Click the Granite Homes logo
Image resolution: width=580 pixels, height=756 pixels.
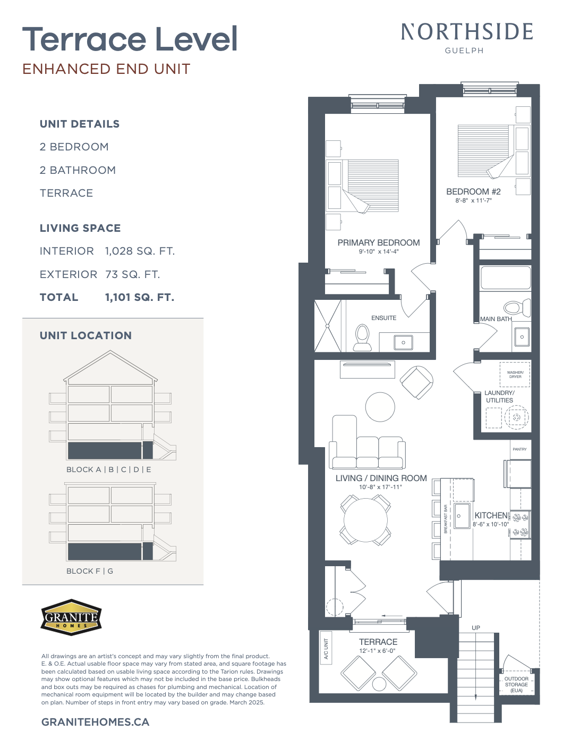point(71,617)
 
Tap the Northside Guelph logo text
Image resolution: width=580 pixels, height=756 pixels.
point(466,38)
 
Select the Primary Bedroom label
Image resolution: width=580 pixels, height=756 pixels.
point(379,242)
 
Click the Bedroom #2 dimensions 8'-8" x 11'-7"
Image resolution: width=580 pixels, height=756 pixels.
point(473,200)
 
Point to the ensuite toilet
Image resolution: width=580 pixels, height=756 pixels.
point(362,338)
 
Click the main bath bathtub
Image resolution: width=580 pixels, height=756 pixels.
point(506,278)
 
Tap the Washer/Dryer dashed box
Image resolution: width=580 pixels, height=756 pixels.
point(515,374)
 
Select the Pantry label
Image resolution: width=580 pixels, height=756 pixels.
point(519,449)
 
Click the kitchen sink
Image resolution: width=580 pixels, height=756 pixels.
point(462,516)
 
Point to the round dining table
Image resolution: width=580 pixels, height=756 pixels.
point(365,520)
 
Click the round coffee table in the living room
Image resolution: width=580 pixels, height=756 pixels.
point(380,407)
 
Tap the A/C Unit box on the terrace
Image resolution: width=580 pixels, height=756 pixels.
point(326,648)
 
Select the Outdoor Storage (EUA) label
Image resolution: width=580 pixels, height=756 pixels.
point(516,684)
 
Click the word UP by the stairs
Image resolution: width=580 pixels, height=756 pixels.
point(476,628)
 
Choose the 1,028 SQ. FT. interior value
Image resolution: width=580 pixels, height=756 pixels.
point(140,251)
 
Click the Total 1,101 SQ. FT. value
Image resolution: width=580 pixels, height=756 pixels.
point(140,298)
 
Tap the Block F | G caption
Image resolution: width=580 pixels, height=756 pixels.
point(90,571)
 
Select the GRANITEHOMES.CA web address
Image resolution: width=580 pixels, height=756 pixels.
point(95,722)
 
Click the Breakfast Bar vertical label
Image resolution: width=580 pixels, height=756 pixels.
point(446,519)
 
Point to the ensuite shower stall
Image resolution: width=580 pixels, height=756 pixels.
point(328,326)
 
